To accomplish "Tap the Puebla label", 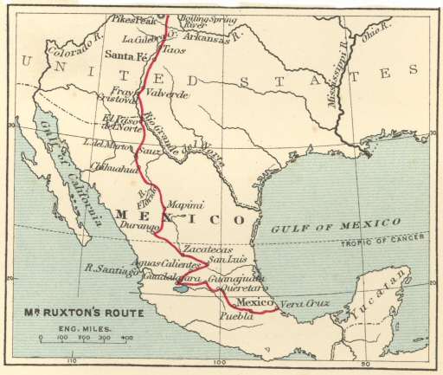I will [239, 317].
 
